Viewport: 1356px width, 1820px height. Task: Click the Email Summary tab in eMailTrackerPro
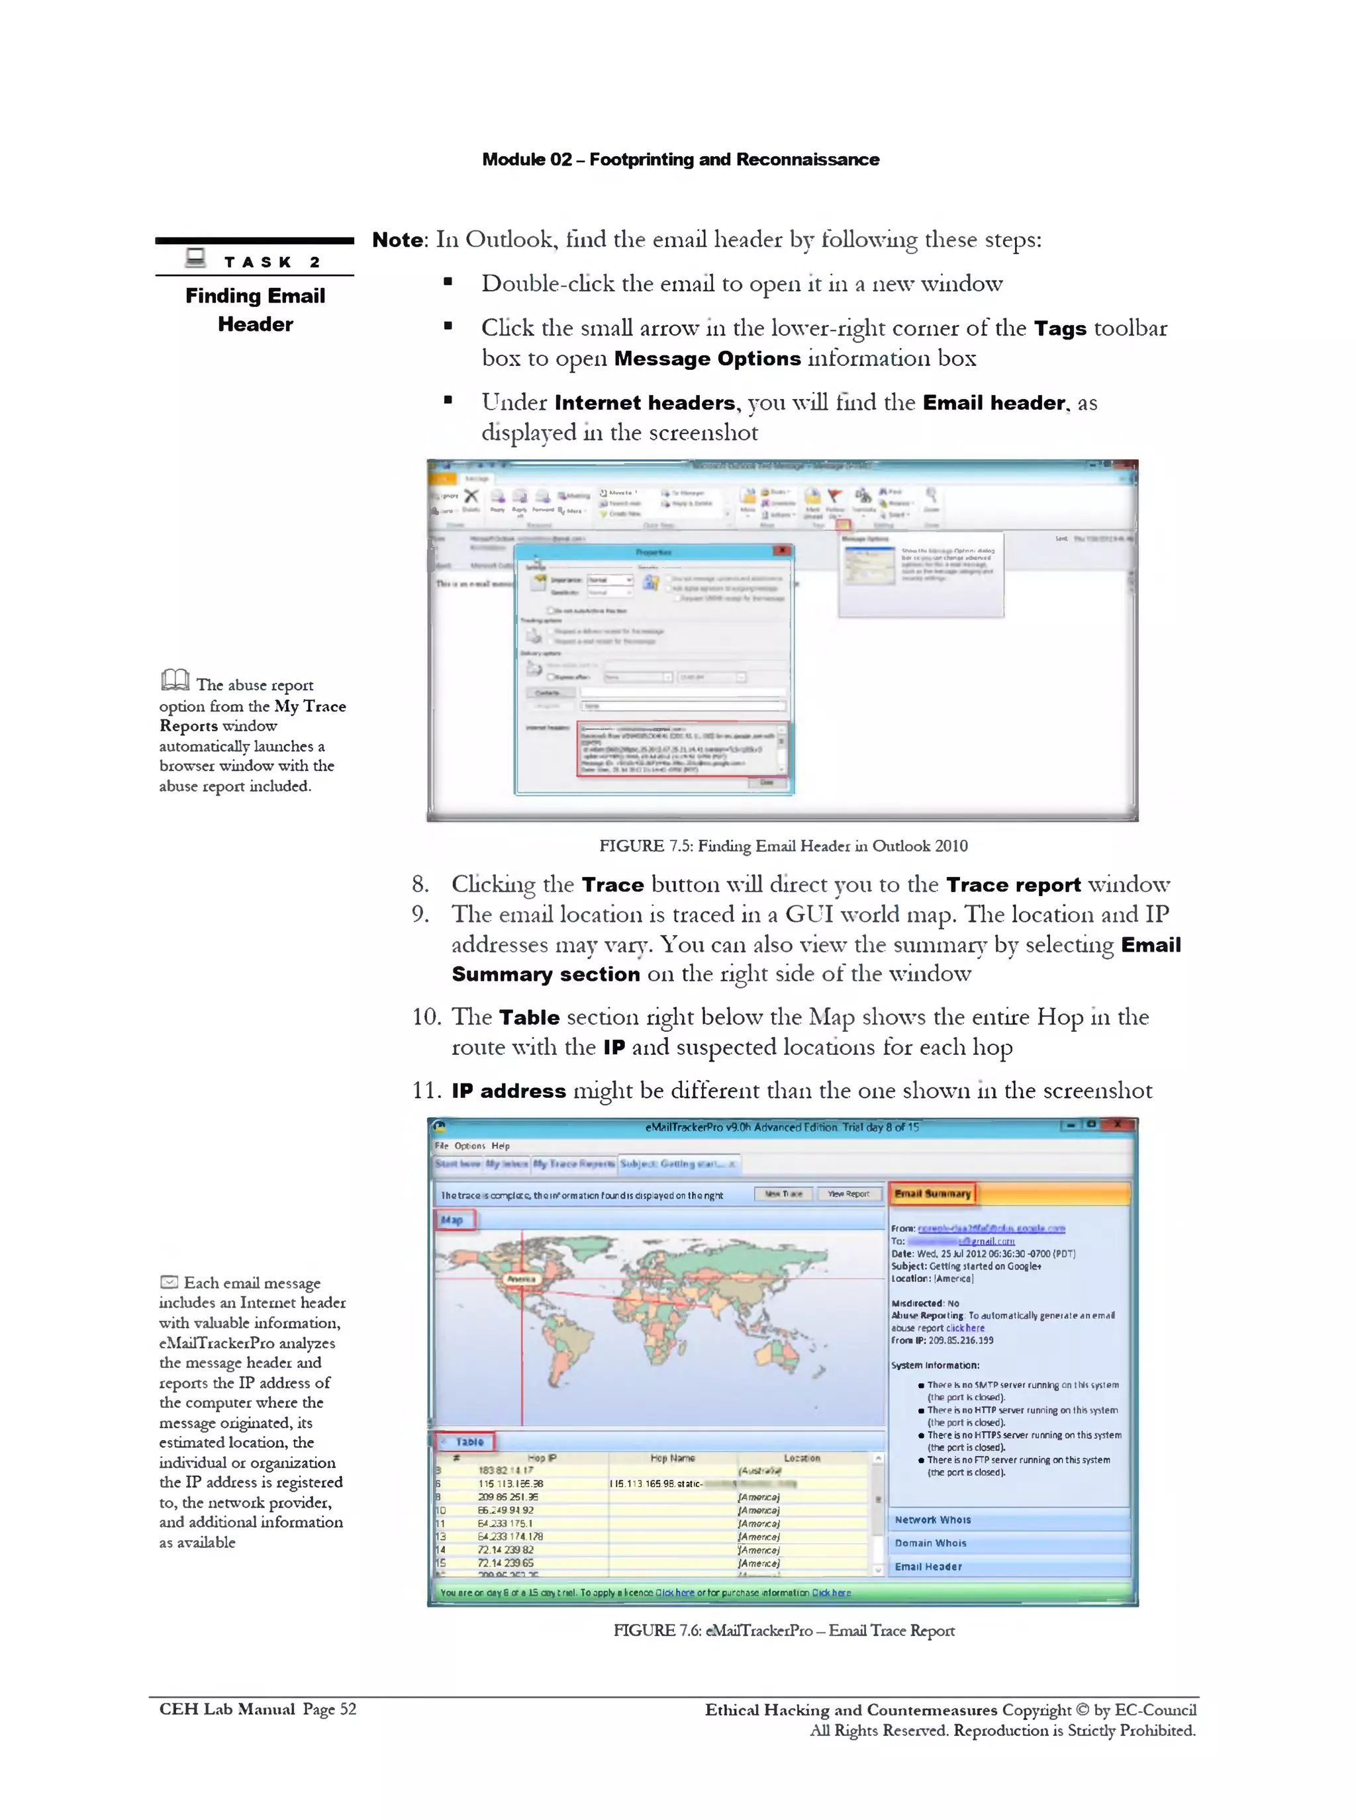[x=932, y=1193]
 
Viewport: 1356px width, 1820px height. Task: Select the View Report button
[x=848, y=1194]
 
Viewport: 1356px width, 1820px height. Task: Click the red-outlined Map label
[x=452, y=1220]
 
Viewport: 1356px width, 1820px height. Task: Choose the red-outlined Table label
[x=469, y=1441]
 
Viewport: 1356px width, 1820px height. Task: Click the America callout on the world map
[x=520, y=1279]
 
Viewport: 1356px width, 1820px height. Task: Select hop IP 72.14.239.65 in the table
[x=506, y=1563]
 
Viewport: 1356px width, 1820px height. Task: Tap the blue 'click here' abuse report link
[x=965, y=1328]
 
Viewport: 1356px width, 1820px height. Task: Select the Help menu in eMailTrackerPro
[x=500, y=1146]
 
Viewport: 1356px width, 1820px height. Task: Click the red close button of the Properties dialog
[x=782, y=551]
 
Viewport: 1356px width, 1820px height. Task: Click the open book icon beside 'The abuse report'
[x=175, y=680]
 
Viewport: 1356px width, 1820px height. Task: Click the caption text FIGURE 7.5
[x=631, y=846]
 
